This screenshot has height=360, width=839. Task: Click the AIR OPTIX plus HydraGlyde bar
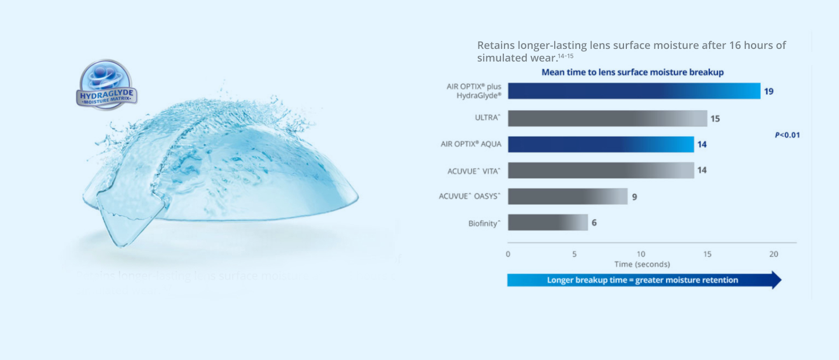coord(634,91)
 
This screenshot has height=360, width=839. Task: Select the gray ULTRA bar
coord(607,118)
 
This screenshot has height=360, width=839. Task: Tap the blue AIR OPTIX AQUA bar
coord(601,144)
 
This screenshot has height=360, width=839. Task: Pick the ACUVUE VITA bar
coord(601,170)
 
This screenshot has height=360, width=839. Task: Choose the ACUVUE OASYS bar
coord(567,196)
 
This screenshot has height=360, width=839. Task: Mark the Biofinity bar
coord(548,223)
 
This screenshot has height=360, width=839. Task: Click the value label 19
coord(769,91)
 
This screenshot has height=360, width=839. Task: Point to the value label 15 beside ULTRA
coord(715,119)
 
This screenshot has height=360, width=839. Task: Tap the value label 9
coord(634,197)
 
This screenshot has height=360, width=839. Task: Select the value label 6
coord(594,223)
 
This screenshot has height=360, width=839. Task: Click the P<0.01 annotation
coord(787,135)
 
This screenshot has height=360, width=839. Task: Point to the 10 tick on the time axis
coord(641,254)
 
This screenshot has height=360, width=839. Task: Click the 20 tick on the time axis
coord(774,254)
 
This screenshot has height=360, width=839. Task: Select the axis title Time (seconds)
coord(641,264)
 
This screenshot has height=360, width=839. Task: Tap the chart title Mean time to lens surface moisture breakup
coord(632,72)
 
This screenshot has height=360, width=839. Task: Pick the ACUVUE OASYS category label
coord(470,196)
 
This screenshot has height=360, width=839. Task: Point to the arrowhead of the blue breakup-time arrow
coord(775,280)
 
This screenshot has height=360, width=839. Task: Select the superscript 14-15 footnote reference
coord(566,56)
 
